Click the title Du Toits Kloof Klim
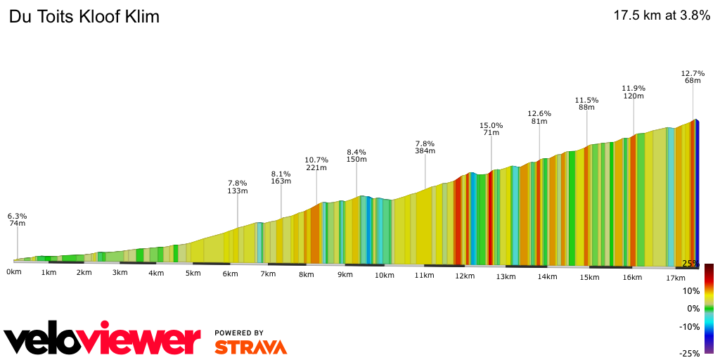click(x=84, y=17)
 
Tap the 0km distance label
click(x=14, y=271)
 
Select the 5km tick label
click(x=193, y=273)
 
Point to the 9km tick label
click(x=345, y=274)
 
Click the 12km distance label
click(x=464, y=276)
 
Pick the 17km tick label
click(x=675, y=278)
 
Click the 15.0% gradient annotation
click(x=491, y=125)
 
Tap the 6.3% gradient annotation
click(x=18, y=216)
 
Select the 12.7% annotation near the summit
click(x=693, y=73)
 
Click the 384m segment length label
click(x=425, y=150)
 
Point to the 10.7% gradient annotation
click(x=316, y=160)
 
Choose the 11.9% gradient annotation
click(x=634, y=89)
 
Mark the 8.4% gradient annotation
click(x=356, y=152)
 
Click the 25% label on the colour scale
click(x=690, y=264)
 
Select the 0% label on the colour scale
click(x=693, y=309)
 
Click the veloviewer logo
click(x=102, y=340)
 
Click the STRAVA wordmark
click(x=250, y=347)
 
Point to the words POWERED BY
click(x=239, y=333)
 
